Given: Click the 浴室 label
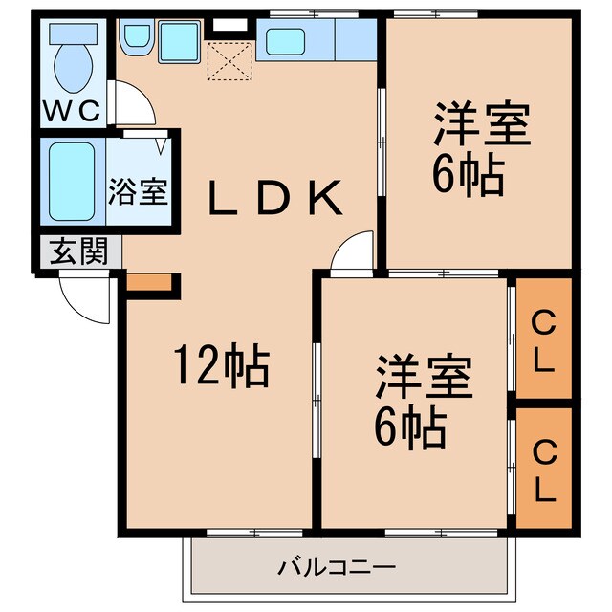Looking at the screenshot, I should click(x=140, y=191).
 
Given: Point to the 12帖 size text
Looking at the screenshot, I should click(x=220, y=365).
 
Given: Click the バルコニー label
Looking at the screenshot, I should click(x=337, y=568).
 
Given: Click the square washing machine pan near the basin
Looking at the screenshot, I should click(x=178, y=42).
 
